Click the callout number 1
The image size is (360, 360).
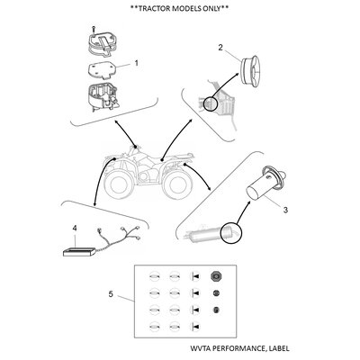pos(136,63)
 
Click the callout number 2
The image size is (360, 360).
pos(220,48)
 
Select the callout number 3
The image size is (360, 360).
pos(285,210)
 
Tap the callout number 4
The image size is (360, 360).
pos(75,229)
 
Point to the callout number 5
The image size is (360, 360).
pos(111,294)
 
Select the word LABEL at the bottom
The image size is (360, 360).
pos(279,348)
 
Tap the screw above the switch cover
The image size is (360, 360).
pos(94,30)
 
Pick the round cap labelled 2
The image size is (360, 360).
pos(252,71)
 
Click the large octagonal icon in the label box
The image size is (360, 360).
pos(215,276)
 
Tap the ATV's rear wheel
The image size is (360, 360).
pos(176,185)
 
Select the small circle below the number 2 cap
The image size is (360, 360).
pos(211,103)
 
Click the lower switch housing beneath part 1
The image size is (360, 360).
pos(103,98)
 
